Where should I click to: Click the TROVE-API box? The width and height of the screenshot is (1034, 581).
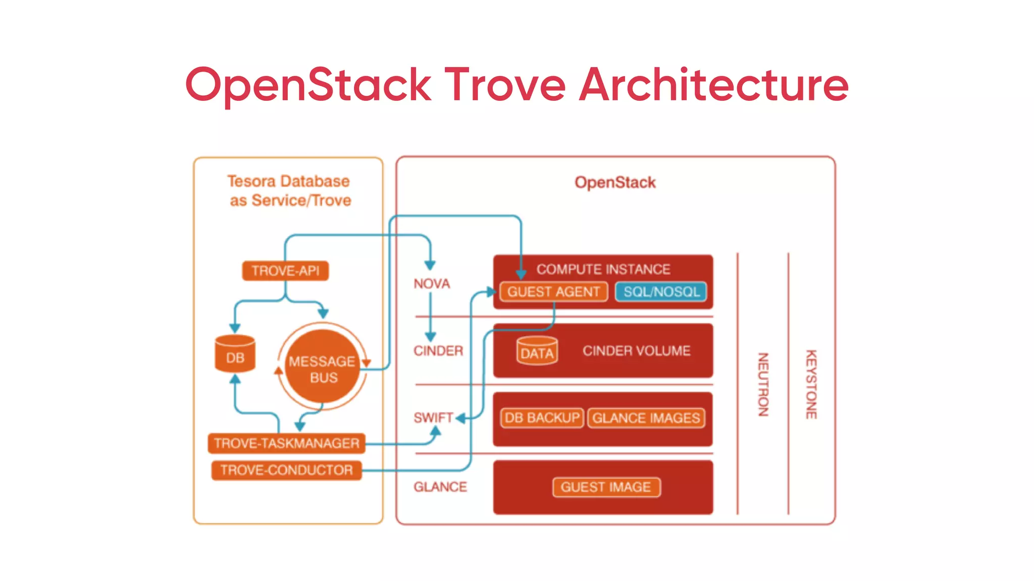[x=285, y=271]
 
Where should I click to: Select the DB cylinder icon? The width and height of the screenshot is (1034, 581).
[x=235, y=354]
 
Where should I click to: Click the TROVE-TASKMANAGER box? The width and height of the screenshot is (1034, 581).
[x=286, y=443]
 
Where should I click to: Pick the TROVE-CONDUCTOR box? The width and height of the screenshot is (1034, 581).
[x=286, y=470]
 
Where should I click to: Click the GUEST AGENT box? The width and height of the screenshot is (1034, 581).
[x=553, y=292]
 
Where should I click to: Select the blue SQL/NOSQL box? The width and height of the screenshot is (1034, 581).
[x=661, y=292]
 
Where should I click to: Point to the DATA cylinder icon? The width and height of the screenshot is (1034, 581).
[x=537, y=351]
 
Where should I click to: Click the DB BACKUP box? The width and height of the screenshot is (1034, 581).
[x=542, y=418]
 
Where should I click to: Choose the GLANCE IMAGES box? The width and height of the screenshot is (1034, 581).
[x=646, y=418]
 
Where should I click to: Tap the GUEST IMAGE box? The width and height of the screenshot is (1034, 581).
[x=606, y=487]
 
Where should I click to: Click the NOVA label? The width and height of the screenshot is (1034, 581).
[x=432, y=284]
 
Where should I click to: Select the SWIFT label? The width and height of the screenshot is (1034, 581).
[x=433, y=418]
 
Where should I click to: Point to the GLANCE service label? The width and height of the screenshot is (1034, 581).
[x=440, y=487]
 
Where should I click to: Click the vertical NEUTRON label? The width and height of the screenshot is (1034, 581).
[x=763, y=384]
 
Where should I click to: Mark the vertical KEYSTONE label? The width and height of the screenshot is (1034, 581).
[x=811, y=384]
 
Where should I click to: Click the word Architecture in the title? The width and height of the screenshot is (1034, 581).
[x=714, y=85]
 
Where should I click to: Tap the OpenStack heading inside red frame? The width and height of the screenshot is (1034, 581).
[x=615, y=182]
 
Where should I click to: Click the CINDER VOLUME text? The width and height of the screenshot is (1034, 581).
[x=636, y=351]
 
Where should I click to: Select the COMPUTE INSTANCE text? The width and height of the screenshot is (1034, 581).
[x=603, y=269]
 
